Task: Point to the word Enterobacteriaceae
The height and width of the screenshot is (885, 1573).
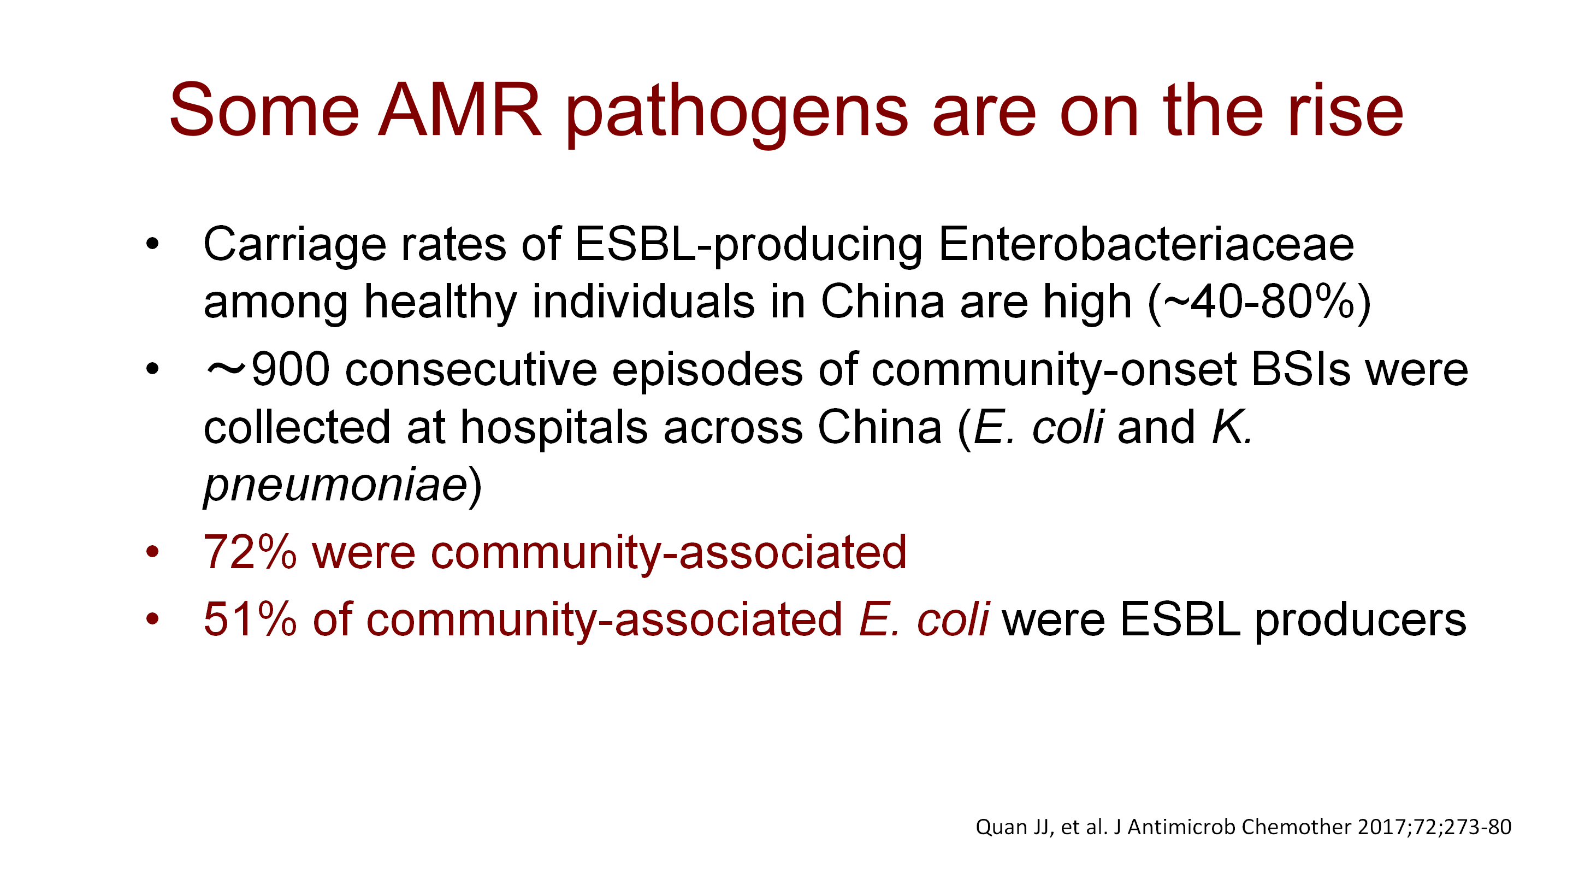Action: [1145, 244]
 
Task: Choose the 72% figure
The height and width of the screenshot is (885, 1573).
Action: [250, 553]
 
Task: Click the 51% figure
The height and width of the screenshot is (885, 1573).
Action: [250, 619]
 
